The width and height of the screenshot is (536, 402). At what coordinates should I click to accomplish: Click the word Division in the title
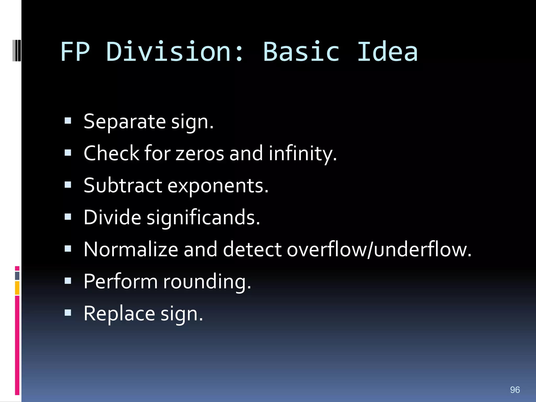(175, 52)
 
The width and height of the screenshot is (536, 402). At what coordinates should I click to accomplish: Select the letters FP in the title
(75, 52)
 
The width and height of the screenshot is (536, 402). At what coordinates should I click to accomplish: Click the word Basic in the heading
(301, 52)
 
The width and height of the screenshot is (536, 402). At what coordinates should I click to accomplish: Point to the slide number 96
(515, 390)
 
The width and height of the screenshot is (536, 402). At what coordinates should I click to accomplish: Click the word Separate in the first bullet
(125, 122)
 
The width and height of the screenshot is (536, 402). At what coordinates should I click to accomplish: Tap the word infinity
(303, 154)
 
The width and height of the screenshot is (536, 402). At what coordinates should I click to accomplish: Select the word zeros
(200, 154)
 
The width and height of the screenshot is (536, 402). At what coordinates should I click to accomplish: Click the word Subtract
(123, 186)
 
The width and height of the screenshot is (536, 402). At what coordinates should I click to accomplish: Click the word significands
(203, 218)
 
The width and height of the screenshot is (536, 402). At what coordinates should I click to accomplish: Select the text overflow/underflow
(379, 249)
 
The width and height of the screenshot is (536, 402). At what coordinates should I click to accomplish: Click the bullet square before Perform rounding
(68, 281)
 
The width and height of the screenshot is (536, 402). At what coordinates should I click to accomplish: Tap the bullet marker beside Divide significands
(68, 217)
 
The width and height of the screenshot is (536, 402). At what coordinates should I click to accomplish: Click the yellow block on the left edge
(17, 288)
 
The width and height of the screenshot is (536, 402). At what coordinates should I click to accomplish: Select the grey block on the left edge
(17, 276)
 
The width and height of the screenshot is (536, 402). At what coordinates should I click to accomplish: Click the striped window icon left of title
(17, 50)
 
